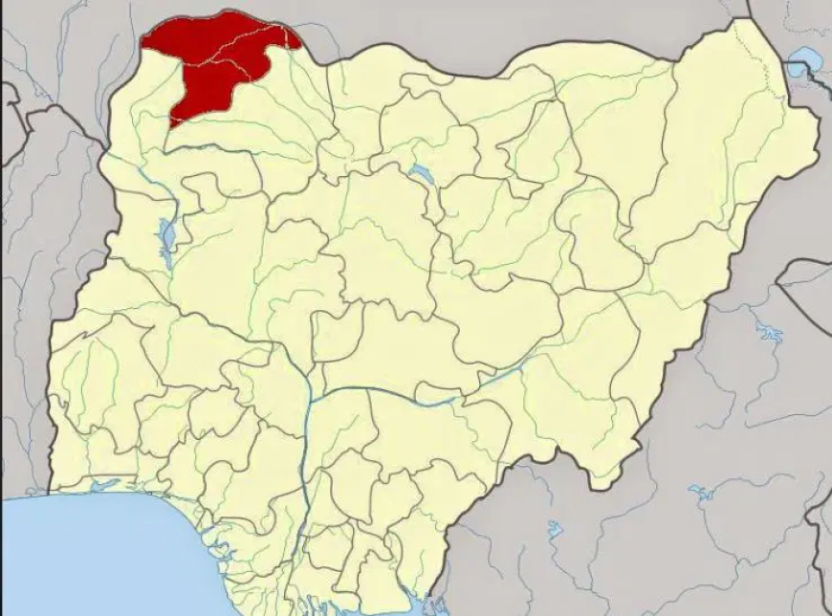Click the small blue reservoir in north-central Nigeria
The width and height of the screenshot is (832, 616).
pyautogui.click(x=422, y=173)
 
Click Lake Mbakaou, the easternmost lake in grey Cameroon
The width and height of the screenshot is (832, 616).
pyautogui.click(x=701, y=494)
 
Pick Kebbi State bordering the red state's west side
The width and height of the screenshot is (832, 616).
pyautogui.click(x=143, y=163)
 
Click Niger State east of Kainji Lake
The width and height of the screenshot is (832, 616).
pyautogui.click(x=249, y=277)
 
